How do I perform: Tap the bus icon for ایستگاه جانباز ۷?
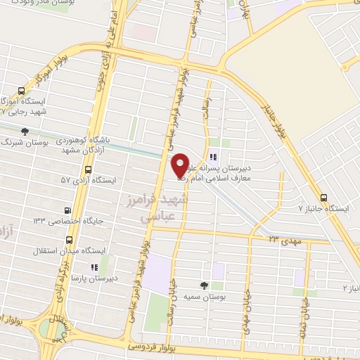pos(324,198)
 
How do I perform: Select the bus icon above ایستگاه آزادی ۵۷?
pos(88,169)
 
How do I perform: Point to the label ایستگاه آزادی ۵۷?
pos(86,181)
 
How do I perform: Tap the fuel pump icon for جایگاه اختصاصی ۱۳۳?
pos(67,210)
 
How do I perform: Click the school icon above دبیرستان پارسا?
pos(94,267)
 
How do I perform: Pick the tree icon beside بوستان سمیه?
pos(203,285)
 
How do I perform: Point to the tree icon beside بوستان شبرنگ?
pos(26,131)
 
